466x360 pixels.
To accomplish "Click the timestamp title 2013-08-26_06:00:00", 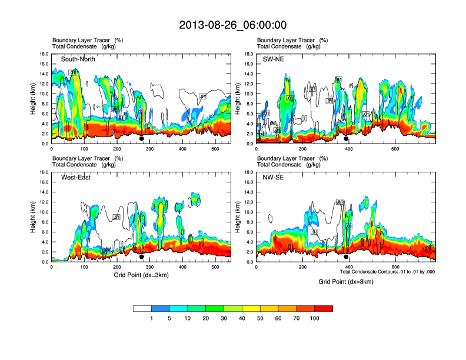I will click(232, 25).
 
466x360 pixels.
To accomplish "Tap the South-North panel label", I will click(78, 59).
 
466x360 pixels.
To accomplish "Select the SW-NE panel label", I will click(274, 59).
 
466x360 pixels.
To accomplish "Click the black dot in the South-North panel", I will click(142, 139).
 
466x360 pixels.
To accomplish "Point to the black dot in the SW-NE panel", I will click(347, 139).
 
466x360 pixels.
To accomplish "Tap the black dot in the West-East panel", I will click(142, 256).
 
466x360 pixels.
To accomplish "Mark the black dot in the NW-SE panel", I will click(347, 256).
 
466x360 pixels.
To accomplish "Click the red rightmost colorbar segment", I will click(324, 308).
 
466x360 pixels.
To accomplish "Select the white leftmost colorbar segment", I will click(142, 308).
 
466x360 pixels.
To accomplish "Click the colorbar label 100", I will click(315, 318).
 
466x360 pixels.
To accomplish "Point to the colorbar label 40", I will click(242, 318).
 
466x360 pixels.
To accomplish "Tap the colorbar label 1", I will click(152, 318).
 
